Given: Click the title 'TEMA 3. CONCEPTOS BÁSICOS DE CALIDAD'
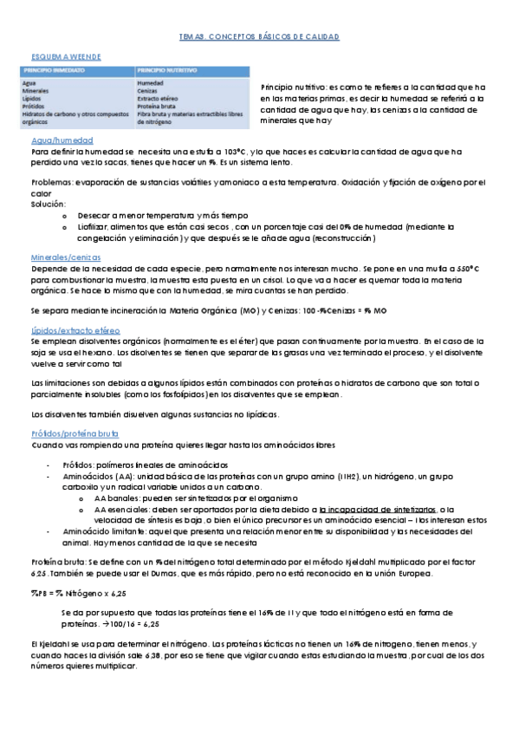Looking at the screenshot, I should click(x=259, y=37).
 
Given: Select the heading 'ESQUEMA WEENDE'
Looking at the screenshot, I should click(x=65, y=56).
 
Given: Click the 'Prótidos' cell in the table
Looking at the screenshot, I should click(x=33, y=107).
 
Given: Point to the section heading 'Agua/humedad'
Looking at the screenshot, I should click(x=62, y=140).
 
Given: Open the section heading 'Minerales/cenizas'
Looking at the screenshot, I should click(x=66, y=258).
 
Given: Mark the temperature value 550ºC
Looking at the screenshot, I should click(x=465, y=270).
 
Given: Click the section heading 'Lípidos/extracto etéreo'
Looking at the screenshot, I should click(x=75, y=331).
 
